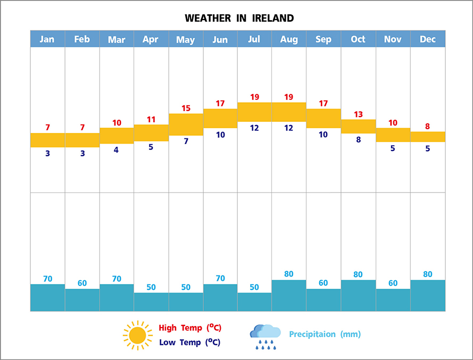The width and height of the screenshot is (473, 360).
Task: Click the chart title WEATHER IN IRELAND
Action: (239, 18)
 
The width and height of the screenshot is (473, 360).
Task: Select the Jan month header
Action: (47, 39)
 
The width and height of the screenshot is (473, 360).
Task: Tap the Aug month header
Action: (289, 39)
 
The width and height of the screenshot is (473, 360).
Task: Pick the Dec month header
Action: (427, 39)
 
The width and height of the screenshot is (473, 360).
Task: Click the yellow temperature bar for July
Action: (254, 112)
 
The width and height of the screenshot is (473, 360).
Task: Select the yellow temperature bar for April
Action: (151, 133)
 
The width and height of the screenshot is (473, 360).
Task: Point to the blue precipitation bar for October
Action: (358, 296)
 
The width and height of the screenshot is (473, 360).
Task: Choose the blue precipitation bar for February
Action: (82, 300)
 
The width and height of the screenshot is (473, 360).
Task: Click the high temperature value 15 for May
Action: (186, 108)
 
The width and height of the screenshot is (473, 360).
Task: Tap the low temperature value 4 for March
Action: (117, 150)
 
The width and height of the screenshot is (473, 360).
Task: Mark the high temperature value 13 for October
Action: (358, 114)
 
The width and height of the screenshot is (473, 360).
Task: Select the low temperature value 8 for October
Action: (358, 140)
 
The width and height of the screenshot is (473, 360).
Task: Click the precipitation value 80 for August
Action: (289, 274)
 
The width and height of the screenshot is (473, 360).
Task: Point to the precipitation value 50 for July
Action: (254, 287)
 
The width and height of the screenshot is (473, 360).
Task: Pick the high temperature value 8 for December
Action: (427, 127)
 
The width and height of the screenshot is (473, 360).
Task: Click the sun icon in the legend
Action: (137, 335)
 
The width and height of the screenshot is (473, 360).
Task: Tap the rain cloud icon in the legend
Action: (265, 336)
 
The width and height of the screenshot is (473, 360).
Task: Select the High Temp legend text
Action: (189, 328)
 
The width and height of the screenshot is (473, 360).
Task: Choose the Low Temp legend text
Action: (189, 342)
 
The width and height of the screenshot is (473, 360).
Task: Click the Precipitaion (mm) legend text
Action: (325, 334)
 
